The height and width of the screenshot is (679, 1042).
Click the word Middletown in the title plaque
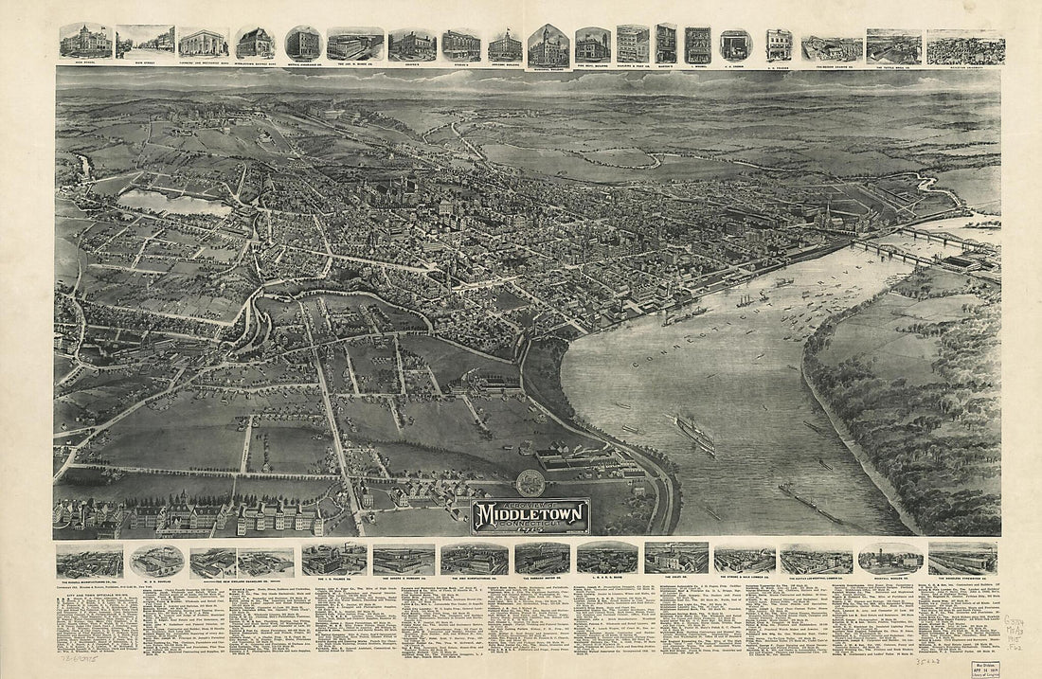pyautogui.click(x=531, y=514)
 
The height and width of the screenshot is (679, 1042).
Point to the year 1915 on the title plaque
pyautogui.click(x=531, y=530)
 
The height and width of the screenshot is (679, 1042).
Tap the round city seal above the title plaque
pyautogui.click(x=531, y=482)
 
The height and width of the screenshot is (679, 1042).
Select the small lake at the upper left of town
pyautogui.click(x=174, y=202)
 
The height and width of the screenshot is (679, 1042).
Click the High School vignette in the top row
pyautogui.click(x=85, y=42)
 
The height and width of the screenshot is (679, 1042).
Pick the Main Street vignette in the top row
pyautogui.click(x=145, y=43)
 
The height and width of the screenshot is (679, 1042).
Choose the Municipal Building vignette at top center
pyautogui.click(x=548, y=45)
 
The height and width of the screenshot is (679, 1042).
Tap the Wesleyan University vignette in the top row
pyautogui.click(x=965, y=46)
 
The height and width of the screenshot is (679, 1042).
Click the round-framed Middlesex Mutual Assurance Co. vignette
pyautogui.click(x=302, y=43)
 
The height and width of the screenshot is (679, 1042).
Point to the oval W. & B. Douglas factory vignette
pyautogui.click(x=156, y=560)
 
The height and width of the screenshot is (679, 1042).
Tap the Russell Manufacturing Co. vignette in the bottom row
pyautogui.click(x=89, y=560)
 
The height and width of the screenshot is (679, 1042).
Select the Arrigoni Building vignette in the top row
pyautogui.click(x=505, y=45)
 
